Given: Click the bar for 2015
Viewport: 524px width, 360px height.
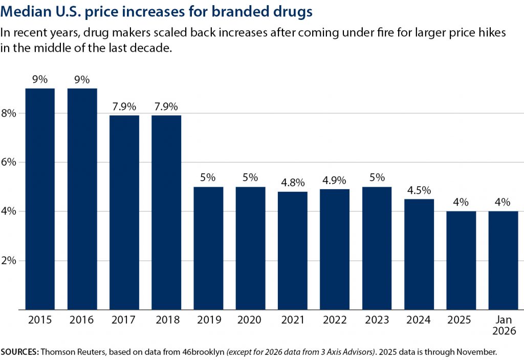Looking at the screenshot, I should pyautogui.click(x=40, y=199).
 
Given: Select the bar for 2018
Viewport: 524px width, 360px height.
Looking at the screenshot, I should pyautogui.click(x=166, y=212).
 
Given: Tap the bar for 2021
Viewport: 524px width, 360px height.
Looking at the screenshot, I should pyautogui.click(x=292, y=251).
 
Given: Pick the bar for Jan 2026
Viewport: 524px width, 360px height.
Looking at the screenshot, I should pyautogui.click(x=503, y=260).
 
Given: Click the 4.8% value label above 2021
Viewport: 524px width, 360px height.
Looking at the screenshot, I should pyautogui.click(x=292, y=183).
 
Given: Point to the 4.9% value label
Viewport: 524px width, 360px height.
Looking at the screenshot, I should pyautogui.click(x=335, y=180).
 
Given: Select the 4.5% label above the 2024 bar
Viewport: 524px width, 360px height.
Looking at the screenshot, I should pyautogui.click(x=419, y=190).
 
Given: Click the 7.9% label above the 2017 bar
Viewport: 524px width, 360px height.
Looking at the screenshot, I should pyautogui.click(x=124, y=106).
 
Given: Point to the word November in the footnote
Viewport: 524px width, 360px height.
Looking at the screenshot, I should pyautogui.click(x=478, y=352).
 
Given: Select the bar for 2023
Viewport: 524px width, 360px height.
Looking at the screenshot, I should pyautogui.click(x=377, y=248).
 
